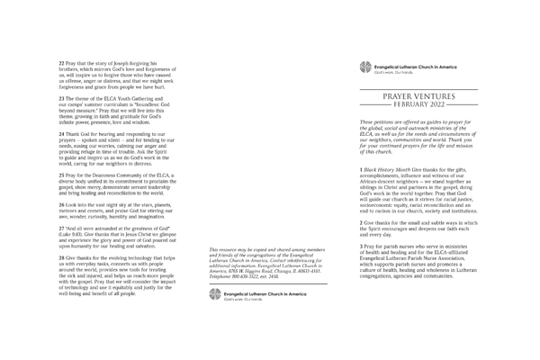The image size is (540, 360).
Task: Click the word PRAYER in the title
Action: click(x=405, y=94)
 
